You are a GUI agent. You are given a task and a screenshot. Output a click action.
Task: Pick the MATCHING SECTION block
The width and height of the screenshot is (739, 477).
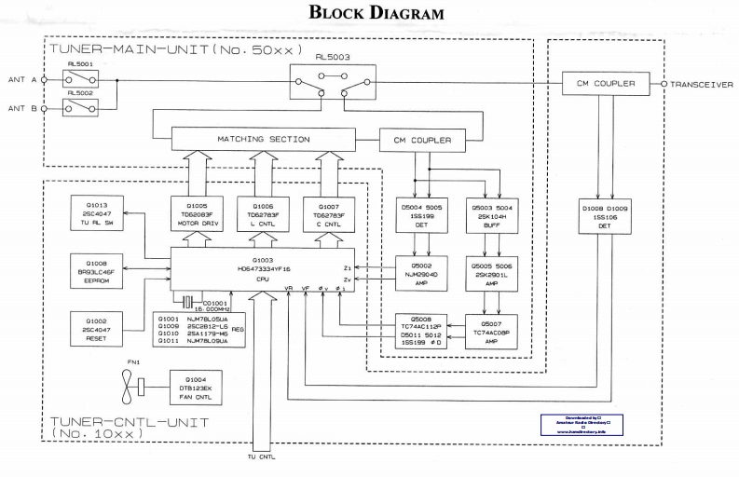264,140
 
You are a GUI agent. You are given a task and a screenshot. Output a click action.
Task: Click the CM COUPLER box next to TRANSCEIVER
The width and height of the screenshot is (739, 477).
605,84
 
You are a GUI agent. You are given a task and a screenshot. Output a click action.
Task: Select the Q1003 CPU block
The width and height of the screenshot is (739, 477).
262,268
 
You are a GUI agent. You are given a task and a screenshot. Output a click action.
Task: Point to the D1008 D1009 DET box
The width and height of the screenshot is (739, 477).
605,216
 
